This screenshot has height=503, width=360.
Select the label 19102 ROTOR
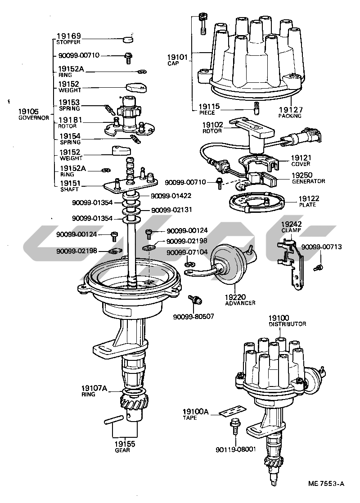(x=212, y=128)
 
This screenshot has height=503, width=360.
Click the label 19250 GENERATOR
(x=308, y=178)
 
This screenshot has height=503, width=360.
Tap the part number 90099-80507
(x=193, y=317)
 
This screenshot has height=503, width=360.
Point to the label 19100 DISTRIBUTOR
(x=287, y=321)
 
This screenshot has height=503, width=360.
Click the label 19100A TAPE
(x=196, y=414)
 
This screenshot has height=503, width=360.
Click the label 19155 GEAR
(x=124, y=446)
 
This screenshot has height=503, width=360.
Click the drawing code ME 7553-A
(x=326, y=484)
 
